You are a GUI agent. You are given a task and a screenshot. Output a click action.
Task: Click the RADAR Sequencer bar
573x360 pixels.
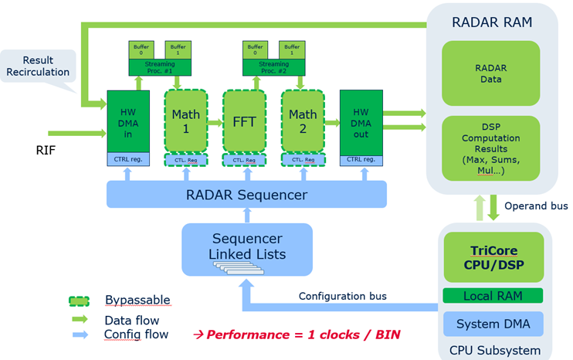click(246, 194)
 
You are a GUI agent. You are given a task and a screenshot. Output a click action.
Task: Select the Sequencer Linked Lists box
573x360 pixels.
click(247, 247)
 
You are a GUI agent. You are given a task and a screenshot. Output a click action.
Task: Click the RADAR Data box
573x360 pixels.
click(490, 73)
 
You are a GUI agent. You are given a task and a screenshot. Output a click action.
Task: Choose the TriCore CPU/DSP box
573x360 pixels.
click(493, 257)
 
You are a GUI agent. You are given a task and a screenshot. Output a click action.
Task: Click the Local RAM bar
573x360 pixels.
click(493, 296)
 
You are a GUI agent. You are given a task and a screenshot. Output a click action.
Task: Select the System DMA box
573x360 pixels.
click(493, 324)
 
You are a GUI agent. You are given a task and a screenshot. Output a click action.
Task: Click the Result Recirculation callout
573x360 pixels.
click(39, 66)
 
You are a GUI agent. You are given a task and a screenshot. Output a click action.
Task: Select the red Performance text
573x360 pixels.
click(297, 335)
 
